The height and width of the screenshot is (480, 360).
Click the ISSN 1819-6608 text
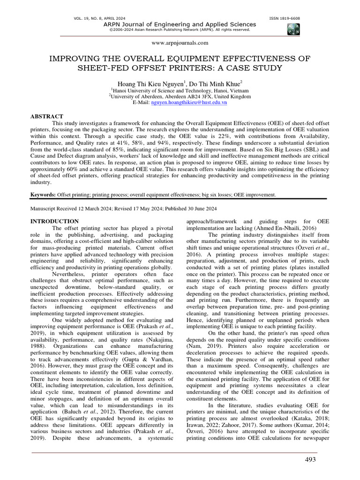pyautogui.click(x=285, y=18)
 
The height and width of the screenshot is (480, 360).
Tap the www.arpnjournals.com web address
pyautogui.click(x=180, y=43)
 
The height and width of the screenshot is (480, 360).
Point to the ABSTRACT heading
pyautogui.click(x=46, y=116)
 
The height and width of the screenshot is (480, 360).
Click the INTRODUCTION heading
pyautogui.click(x=54, y=221)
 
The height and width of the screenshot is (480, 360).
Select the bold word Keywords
pyautogui.click(x=43, y=194)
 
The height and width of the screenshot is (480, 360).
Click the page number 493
pyautogui.click(x=310, y=460)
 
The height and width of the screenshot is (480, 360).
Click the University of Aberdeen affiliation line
pyautogui.click(x=180, y=96)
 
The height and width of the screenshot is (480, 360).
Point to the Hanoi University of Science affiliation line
pyautogui.click(x=180, y=90)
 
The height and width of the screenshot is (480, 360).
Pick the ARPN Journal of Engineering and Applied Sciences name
pyautogui.click(x=180, y=24)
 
